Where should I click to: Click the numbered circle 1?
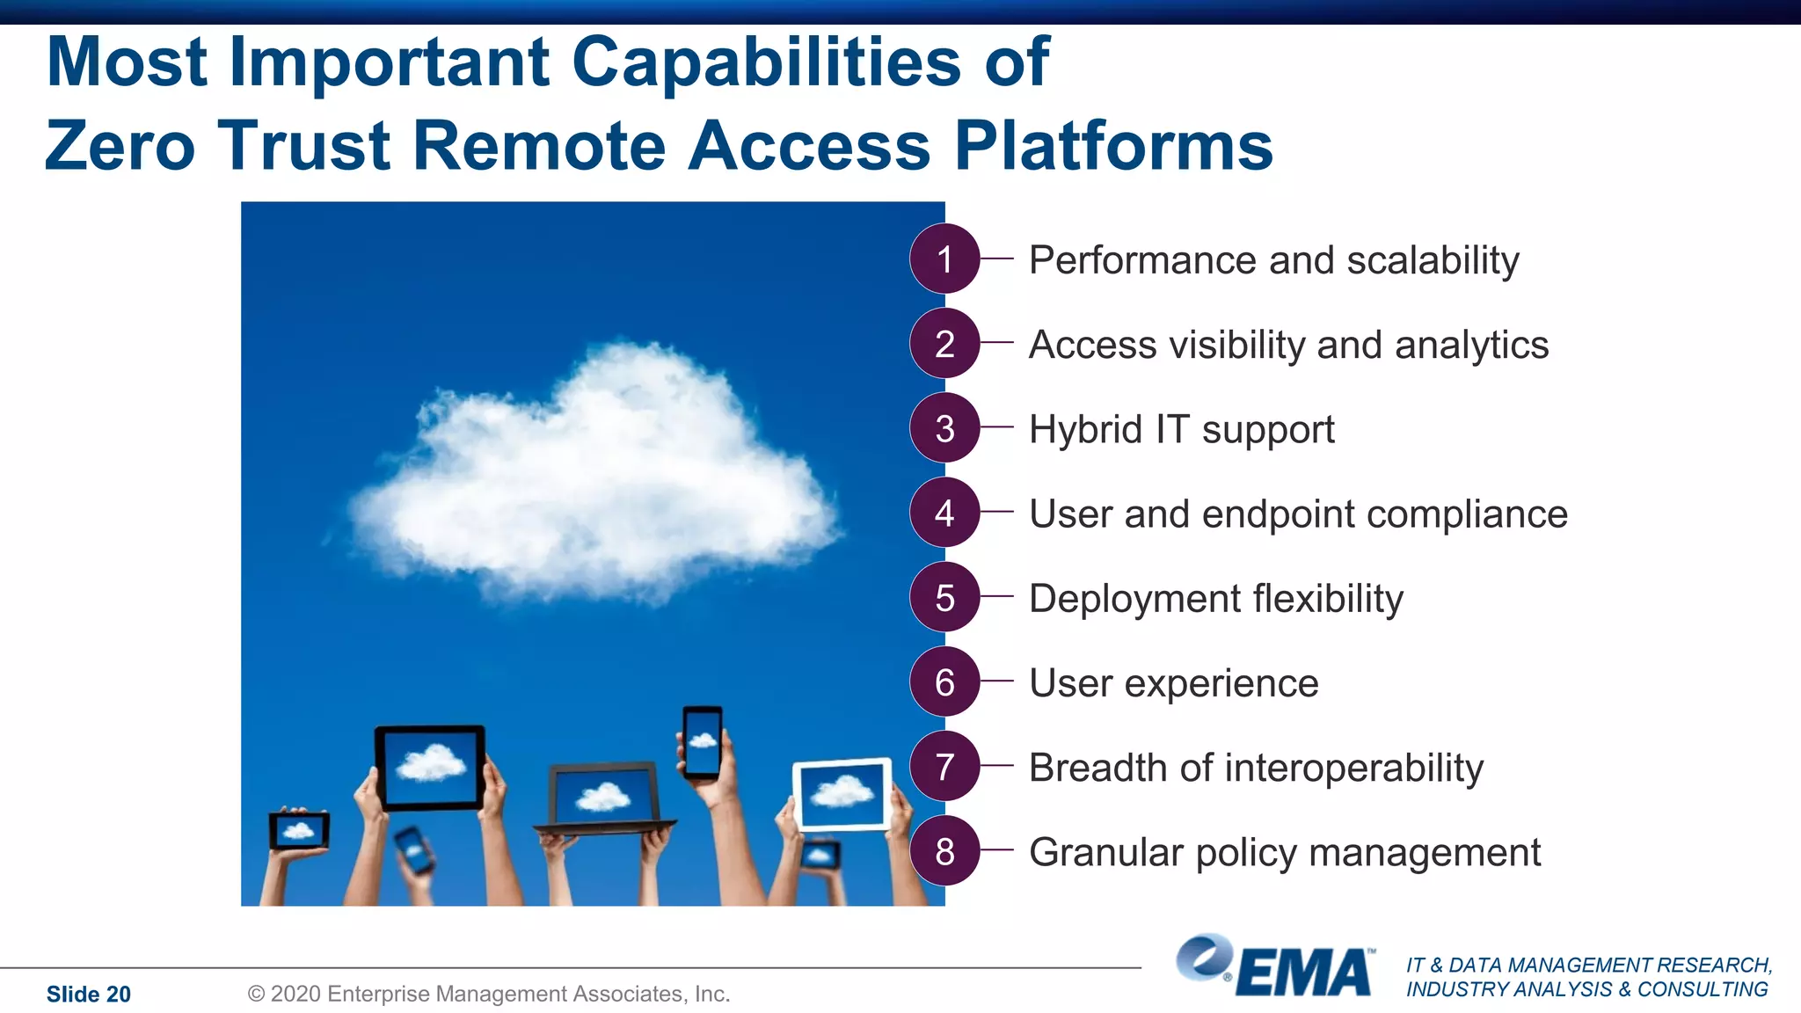[x=944, y=259]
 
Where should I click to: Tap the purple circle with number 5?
[x=944, y=597]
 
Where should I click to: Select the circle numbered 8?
[x=944, y=850]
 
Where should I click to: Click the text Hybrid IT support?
[x=1181, y=429]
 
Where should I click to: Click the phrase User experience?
[x=1173, y=683]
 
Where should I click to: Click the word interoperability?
[x=1353, y=768]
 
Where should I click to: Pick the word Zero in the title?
[x=120, y=145]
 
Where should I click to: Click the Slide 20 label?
[x=88, y=995]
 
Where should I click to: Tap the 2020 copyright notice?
[x=489, y=994]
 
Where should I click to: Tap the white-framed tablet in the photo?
[x=842, y=794]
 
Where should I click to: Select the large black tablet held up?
[x=430, y=767]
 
